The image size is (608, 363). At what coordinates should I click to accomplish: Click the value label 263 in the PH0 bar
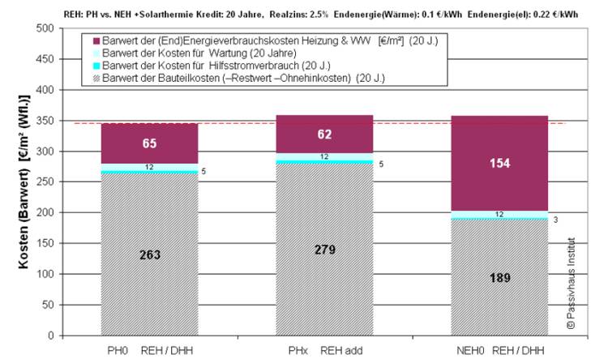(x=149, y=254)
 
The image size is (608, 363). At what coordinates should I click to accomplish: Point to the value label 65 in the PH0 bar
(x=150, y=144)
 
